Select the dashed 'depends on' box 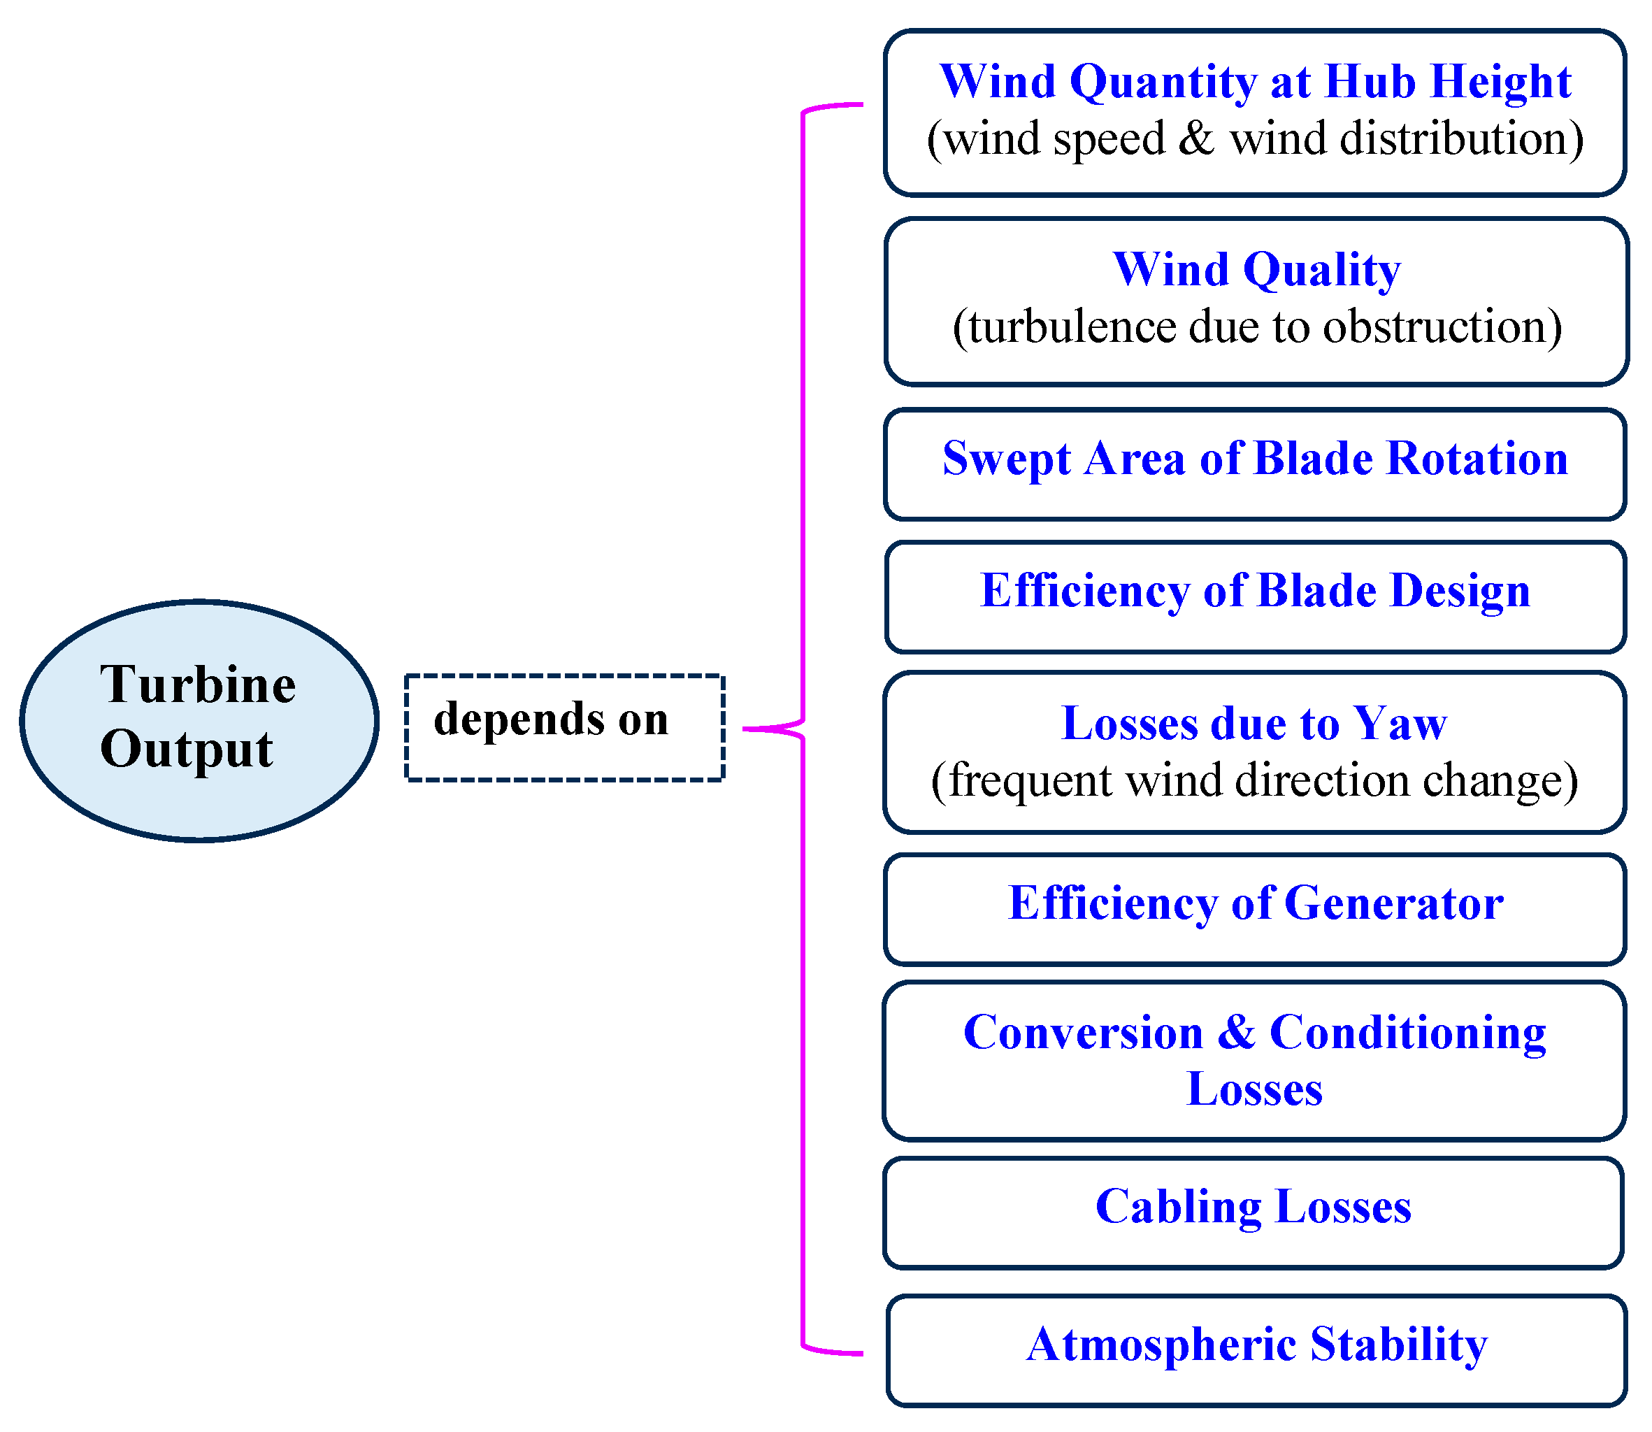coord(564,727)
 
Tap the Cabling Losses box coord(1254,1212)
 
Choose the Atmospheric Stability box coord(1256,1349)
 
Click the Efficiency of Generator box coord(1255,908)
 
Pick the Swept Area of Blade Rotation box coord(1255,464)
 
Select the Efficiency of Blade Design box coord(1255,596)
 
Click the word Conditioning coord(1407,1033)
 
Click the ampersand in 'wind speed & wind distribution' coord(1196,138)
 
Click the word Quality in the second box coord(1322,270)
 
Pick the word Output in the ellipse coord(187,750)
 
